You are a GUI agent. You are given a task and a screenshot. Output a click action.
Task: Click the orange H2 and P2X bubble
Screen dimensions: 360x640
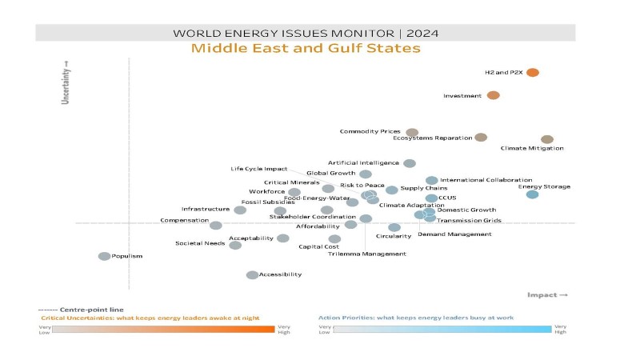pyautogui.click(x=533, y=73)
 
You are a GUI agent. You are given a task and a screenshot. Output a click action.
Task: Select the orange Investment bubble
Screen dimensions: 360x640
pyautogui.click(x=494, y=95)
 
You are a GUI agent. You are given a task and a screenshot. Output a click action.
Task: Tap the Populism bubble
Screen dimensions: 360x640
pyautogui.click(x=104, y=256)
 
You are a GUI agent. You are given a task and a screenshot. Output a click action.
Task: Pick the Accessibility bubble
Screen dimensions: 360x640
pyautogui.click(x=252, y=275)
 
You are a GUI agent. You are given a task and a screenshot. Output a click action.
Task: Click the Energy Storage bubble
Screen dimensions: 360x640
pyautogui.click(x=532, y=194)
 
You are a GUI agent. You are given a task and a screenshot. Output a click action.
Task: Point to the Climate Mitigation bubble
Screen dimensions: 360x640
pyautogui.click(x=547, y=139)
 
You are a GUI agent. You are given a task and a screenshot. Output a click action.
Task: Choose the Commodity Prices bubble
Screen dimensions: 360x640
pyautogui.click(x=412, y=132)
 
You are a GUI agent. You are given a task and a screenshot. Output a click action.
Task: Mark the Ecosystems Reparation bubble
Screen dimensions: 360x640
pyautogui.click(x=481, y=138)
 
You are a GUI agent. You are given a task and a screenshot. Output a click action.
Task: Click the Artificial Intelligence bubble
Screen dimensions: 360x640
pyautogui.click(x=410, y=163)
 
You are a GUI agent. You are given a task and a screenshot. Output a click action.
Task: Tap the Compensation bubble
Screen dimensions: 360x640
pyautogui.click(x=215, y=226)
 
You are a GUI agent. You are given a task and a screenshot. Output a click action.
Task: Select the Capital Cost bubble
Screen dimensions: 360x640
pyautogui.click(x=334, y=238)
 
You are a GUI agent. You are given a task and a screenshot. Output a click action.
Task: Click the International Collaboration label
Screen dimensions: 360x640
pyautogui.click(x=486, y=181)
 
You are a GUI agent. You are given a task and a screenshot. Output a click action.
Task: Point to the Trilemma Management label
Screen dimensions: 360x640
pyautogui.click(x=366, y=254)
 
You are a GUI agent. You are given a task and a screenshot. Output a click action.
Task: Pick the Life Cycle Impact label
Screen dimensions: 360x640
pyautogui.click(x=258, y=169)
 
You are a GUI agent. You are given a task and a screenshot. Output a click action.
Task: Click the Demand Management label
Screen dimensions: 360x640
pyautogui.click(x=454, y=234)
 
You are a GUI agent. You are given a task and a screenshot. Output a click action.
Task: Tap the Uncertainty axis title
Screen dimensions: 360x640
pyautogui.click(x=67, y=83)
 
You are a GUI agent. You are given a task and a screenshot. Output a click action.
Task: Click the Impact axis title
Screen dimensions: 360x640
pyautogui.click(x=547, y=295)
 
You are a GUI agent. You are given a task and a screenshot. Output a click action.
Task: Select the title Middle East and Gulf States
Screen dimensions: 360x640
pyautogui.click(x=306, y=50)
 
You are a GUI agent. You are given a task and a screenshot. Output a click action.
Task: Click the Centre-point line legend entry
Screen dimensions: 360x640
pyautogui.click(x=81, y=310)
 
